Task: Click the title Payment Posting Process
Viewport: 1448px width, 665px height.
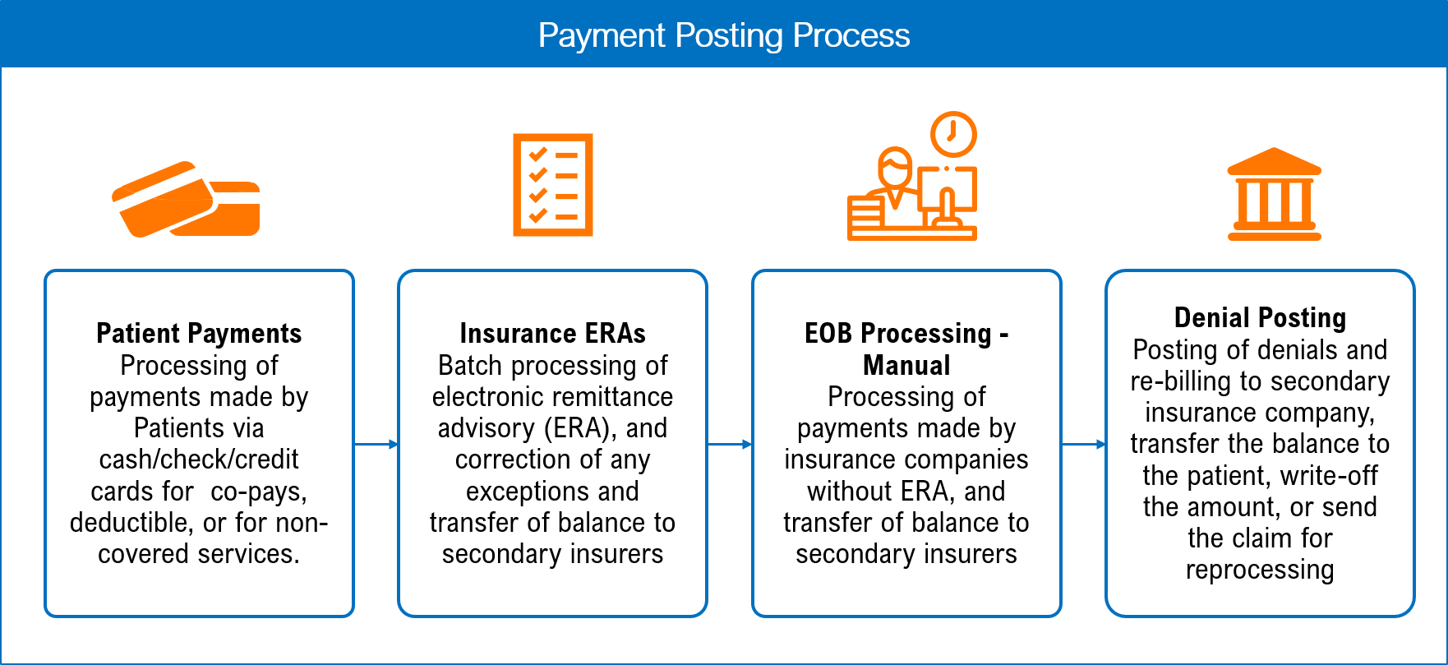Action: [x=723, y=35]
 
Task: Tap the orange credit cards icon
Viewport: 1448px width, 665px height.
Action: [x=187, y=199]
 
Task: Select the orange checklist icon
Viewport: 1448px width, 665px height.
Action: [x=553, y=185]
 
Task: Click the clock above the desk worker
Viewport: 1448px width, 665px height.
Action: [x=953, y=134]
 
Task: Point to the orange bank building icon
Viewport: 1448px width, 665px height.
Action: [x=1274, y=194]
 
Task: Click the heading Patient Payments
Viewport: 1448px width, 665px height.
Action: [x=199, y=334]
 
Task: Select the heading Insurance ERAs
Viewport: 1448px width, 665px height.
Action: [x=552, y=334]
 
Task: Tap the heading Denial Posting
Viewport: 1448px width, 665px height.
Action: [x=1260, y=318]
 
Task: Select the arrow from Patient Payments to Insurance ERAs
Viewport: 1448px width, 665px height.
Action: [x=376, y=445]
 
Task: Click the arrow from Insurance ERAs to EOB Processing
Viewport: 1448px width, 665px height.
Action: [x=730, y=445]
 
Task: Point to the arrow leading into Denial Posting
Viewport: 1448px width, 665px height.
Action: [x=1084, y=445]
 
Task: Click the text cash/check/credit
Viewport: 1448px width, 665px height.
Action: [x=199, y=459]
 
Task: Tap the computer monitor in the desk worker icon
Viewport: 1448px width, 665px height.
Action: [x=947, y=191]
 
